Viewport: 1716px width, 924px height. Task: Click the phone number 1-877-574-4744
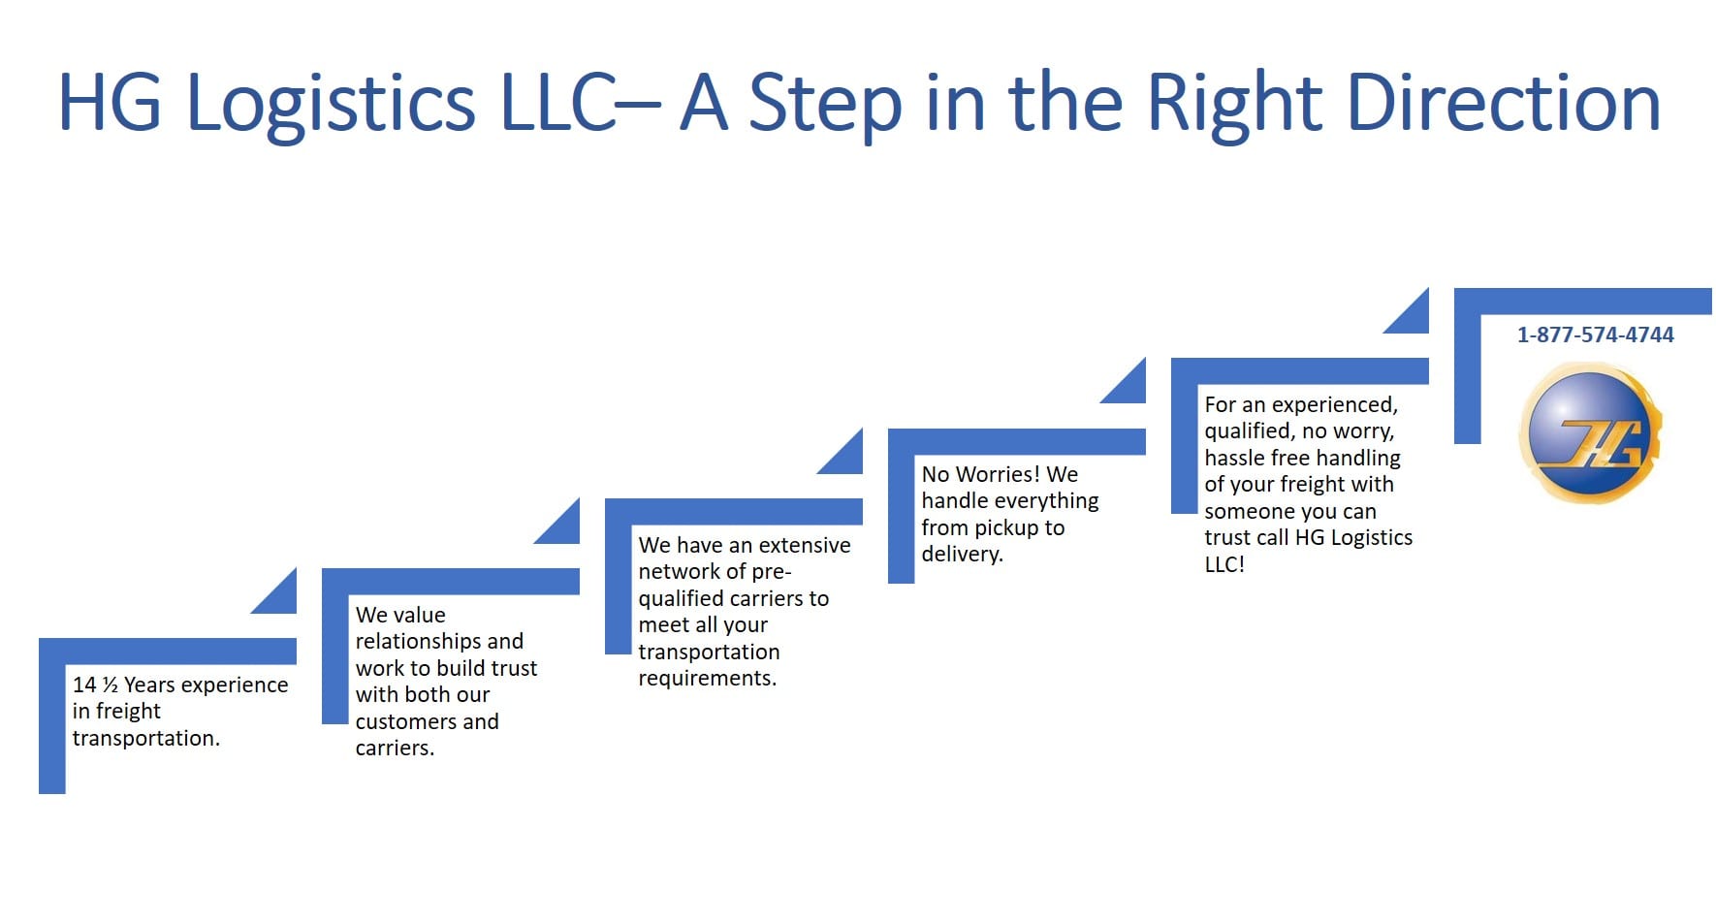tap(1595, 335)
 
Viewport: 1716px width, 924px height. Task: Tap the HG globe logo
tap(1590, 433)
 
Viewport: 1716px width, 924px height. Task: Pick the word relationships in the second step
tap(439, 641)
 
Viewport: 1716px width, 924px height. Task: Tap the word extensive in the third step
tap(805, 545)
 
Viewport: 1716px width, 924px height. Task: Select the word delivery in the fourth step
tap(959, 554)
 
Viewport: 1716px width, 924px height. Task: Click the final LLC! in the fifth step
tap(1224, 564)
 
